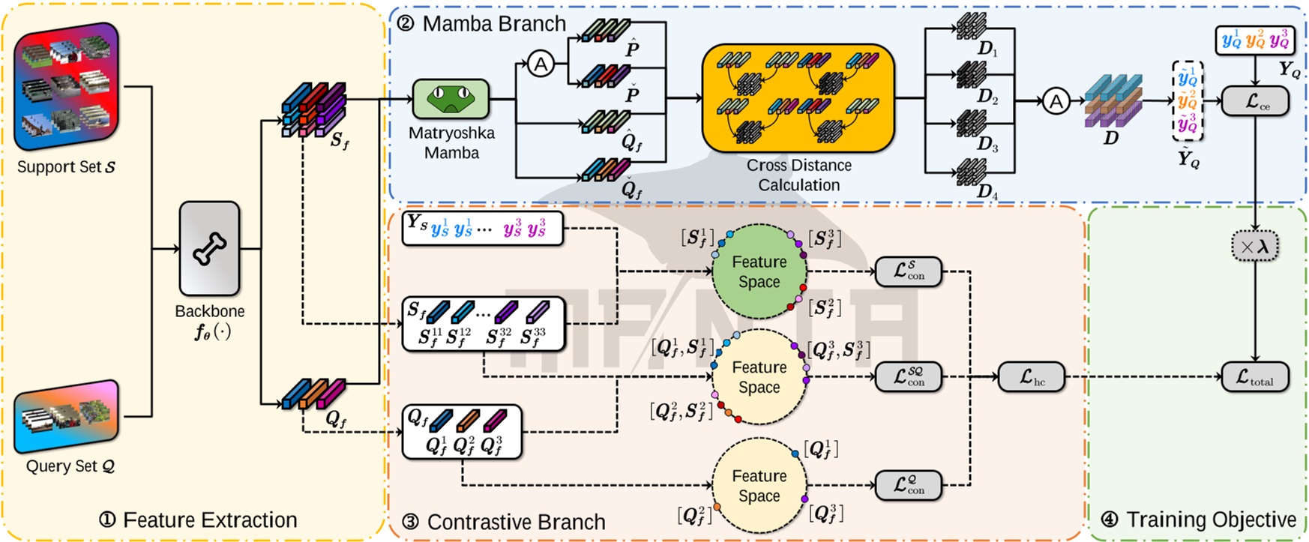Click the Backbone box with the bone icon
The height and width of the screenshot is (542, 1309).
click(x=209, y=248)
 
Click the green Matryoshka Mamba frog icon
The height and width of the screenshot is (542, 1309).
click(x=451, y=99)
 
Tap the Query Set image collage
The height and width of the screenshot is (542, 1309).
click(x=66, y=417)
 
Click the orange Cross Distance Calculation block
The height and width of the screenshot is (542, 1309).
click(x=798, y=97)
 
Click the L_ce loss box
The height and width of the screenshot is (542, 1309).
click(x=1255, y=101)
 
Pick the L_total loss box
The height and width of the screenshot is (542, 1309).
click(x=1255, y=377)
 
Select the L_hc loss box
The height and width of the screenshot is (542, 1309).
click(x=1032, y=377)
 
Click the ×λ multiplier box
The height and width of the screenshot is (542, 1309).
click(x=1255, y=246)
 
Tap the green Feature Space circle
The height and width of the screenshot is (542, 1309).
click(x=759, y=271)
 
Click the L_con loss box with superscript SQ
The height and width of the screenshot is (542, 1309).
click(x=909, y=377)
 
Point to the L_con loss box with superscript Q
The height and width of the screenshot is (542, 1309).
click(x=909, y=485)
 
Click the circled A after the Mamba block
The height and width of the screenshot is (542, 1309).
click(x=541, y=64)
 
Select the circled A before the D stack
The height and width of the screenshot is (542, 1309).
click(x=1056, y=100)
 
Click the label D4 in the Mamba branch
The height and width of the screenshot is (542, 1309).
click(x=987, y=191)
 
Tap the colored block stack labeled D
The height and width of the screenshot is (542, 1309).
click(x=1113, y=100)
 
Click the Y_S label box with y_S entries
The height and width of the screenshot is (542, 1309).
click(x=482, y=229)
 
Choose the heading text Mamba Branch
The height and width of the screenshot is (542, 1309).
click(x=493, y=23)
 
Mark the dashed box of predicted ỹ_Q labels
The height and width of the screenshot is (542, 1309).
click(x=1188, y=101)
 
